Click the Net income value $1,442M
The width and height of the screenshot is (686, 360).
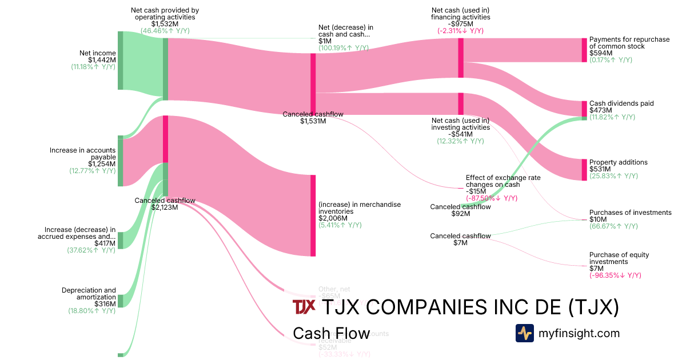point(102,60)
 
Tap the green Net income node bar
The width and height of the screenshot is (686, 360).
point(120,60)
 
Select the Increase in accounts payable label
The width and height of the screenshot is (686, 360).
point(83,154)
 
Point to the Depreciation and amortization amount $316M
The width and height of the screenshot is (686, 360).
point(105,304)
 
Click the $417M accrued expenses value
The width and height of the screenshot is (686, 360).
point(105,243)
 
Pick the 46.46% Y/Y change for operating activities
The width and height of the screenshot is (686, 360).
point(165,31)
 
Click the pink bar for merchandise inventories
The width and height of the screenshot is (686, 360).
point(313,215)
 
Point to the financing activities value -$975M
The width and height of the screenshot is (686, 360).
point(460,24)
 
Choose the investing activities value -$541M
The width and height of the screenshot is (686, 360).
point(460,134)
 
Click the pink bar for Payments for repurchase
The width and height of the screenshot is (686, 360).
point(584,50)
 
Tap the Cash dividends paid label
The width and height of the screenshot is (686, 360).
point(621,103)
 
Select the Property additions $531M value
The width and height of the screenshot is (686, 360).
point(600,169)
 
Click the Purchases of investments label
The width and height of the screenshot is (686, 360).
point(630,213)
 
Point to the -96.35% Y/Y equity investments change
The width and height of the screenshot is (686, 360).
point(615,275)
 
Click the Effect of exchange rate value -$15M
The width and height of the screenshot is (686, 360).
point(477,191)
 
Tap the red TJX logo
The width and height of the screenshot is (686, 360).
point(304,307)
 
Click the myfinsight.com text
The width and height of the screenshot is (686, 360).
point(579,333)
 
